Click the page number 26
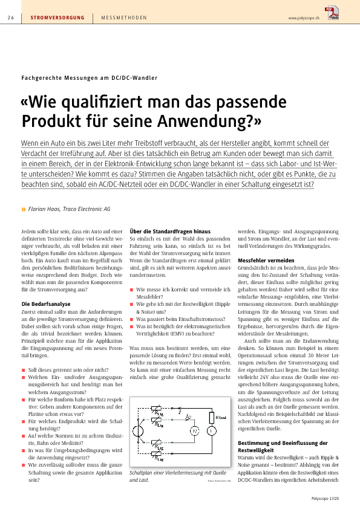[x=11, y=18]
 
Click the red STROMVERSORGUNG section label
[x=57, y=18]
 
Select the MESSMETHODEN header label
[x=124, y=18]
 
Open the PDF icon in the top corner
[x=332, y=13]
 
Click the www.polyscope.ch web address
[x=304, y=18]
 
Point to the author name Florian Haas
[x=44, y=209]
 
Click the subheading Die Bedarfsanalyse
[x=46, y=304]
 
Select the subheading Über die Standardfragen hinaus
[x=170, y=232]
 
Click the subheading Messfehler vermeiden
[x=266, y=261]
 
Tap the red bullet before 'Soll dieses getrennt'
[x=24, y=370]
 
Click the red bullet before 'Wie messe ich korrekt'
[x=131, y=290]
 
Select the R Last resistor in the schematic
[x=212, y=418]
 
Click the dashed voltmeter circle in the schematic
[x=195, y=431]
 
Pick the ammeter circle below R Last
[x=212, y=431]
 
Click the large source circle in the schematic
[x=138, y=431]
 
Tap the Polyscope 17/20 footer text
[x=325, y=499]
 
